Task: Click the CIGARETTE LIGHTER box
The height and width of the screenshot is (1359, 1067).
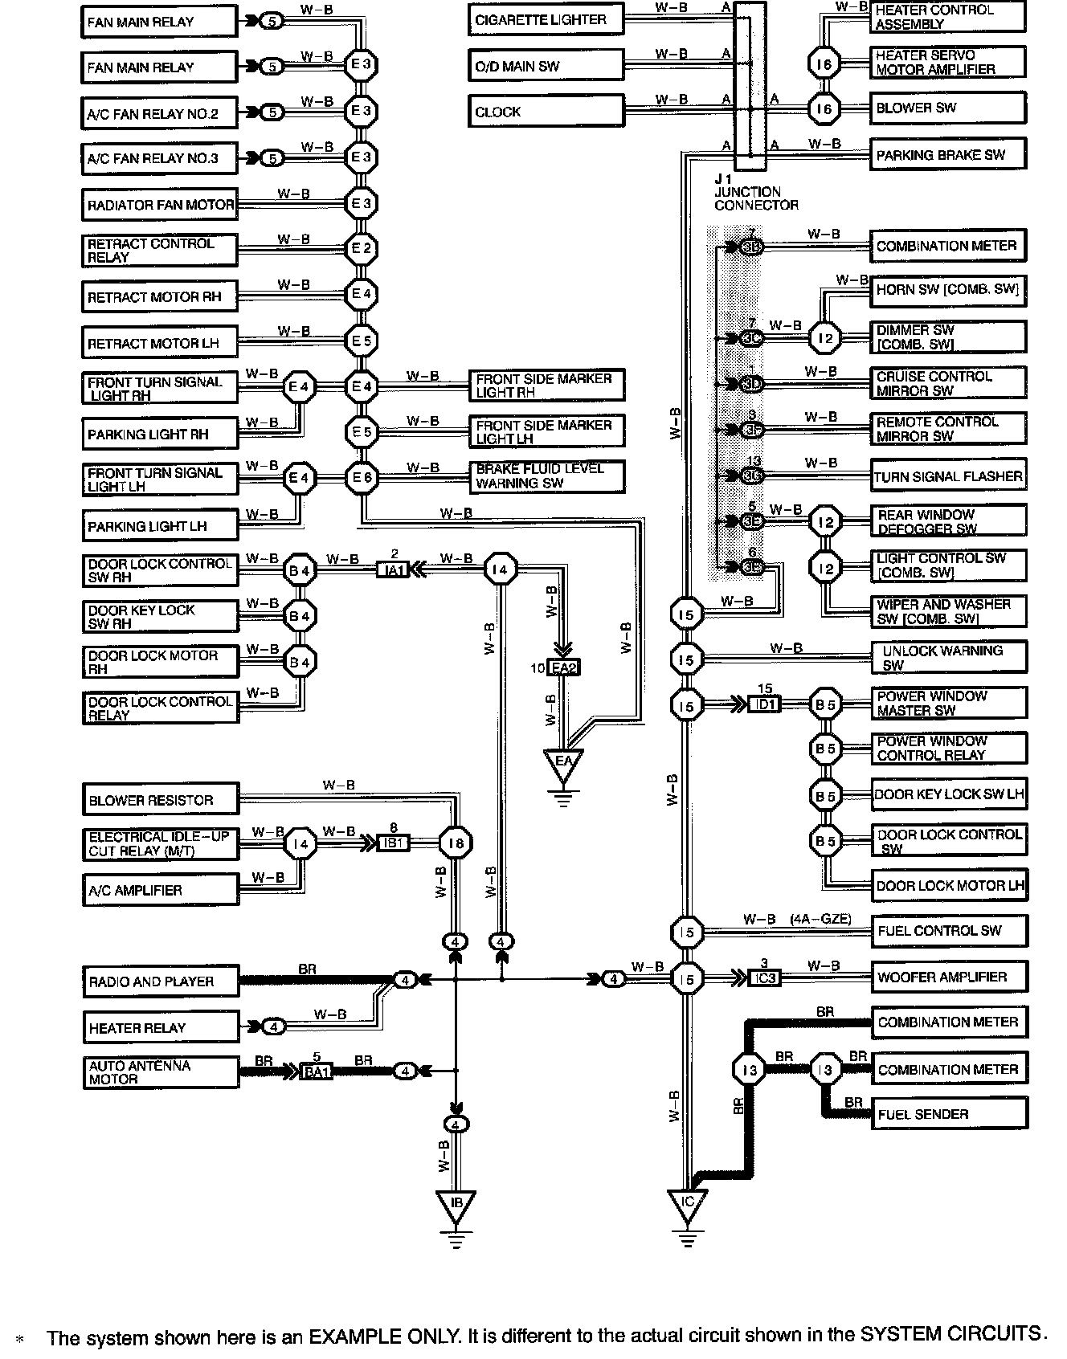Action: [546, 20]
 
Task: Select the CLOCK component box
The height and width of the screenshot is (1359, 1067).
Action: [546, 112]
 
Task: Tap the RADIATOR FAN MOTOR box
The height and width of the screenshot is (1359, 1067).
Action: [160, 205]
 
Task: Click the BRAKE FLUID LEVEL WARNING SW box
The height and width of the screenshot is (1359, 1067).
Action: [547, 476]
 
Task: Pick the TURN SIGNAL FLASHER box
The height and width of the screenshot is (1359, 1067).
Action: [948, 476]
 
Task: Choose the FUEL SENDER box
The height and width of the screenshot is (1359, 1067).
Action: [950, 1114]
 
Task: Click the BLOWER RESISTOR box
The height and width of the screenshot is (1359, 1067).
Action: [161, 800]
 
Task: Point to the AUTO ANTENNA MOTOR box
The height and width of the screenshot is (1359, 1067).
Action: [161, 1072]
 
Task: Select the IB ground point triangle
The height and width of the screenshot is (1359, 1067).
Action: [456, 1204]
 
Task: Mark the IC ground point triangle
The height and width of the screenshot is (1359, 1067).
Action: [687, 1204]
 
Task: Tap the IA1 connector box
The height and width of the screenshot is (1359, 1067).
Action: [395, 570]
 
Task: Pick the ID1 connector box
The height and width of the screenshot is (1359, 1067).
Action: [763, 704]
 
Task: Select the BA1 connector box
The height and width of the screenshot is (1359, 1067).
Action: [317, 1071]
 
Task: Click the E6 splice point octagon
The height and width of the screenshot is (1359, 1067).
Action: [362, 478]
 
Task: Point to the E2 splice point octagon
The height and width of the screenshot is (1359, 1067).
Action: [362, 249]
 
